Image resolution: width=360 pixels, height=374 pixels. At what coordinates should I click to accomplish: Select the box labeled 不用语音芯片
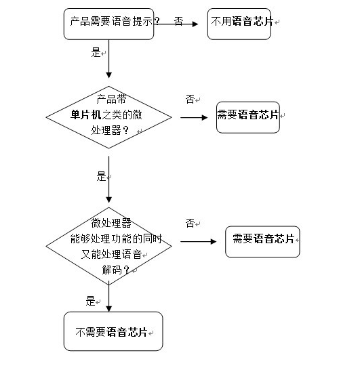click(x=243, y=23)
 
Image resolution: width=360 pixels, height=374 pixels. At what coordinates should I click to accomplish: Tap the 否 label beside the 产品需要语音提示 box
click(x=178, y=22)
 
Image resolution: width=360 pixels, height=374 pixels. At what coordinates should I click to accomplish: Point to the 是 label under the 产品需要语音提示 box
click(x=96, y=51)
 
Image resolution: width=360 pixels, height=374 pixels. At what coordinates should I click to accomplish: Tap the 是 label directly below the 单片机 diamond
click(x=102, y=177)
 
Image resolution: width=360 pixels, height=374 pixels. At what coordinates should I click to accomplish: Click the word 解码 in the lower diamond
click(x=113, y=270)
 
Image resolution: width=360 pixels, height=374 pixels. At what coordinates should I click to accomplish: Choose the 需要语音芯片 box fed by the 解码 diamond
click(x=262, y=239)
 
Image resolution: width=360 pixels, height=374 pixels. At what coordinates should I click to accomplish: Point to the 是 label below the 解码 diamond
click(x=91, y=302)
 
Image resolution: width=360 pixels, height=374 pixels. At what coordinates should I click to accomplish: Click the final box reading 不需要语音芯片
click(x=113, y=331)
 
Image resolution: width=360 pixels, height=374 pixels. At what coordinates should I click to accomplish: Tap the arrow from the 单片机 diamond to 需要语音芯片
click(x=195, y=117)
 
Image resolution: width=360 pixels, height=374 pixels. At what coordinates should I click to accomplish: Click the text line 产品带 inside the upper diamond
click(x=108, y=98)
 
